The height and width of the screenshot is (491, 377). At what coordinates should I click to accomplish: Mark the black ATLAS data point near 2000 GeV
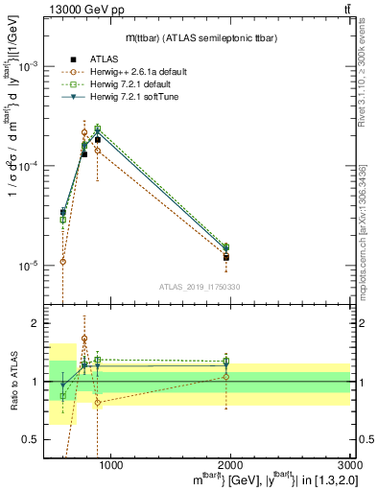226,257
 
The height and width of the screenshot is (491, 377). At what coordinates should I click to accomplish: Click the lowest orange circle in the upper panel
62,261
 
